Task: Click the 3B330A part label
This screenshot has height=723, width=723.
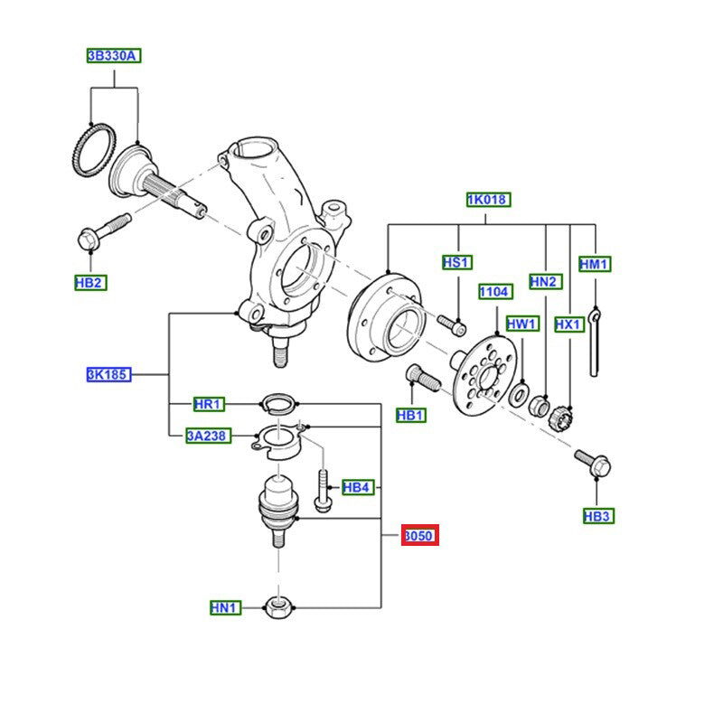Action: click(113, 56)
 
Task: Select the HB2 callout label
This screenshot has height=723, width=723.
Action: click(90, 283)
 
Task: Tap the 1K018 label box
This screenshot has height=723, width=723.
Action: click(487, 199)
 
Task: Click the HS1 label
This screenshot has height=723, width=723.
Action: click(456, 263)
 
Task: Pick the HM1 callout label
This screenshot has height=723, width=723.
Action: click(595, 265)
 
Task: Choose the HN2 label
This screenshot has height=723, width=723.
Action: click(545, 282)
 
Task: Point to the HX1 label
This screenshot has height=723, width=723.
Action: click(569, 324)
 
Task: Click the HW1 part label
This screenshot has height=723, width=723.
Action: click(521, 324)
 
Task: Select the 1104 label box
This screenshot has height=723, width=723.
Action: click(494, 292)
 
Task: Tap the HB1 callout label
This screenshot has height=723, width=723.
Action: click(411, 415)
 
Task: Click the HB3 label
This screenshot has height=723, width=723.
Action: click(597, 516)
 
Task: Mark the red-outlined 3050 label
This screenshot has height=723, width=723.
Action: click(419, 536)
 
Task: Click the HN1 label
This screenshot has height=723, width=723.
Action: click(223, 608)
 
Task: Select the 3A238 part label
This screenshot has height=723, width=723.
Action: click(207, 437)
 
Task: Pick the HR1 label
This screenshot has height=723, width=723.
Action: click(209, 403)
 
